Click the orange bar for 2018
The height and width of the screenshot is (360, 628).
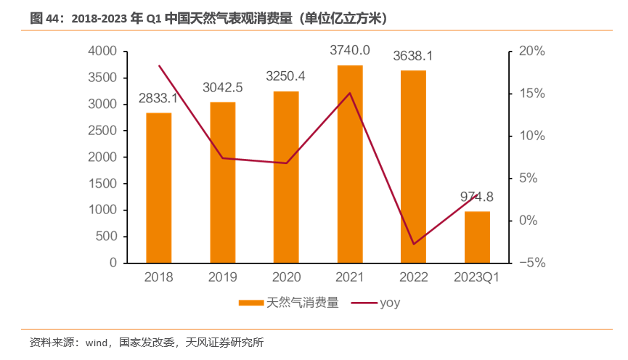[159, 188]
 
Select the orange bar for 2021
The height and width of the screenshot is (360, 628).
[350, 164]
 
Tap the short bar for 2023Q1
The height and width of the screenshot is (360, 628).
[477, 237]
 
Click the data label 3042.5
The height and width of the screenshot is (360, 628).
[222, 88]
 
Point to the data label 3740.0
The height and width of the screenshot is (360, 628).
[350, 50]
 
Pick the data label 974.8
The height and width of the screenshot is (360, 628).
[477, 197]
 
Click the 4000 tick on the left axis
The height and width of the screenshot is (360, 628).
[103, 52]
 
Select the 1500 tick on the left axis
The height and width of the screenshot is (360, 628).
[103, 184]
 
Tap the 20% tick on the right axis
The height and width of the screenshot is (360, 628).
[532, 52]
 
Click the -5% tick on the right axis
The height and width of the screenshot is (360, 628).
[532, 263]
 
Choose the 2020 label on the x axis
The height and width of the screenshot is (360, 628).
[286, 277]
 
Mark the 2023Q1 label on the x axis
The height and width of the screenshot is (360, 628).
[477, 277]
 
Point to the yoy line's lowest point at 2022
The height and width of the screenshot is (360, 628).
[414, 244]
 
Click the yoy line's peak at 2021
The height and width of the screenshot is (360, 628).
[350, 93]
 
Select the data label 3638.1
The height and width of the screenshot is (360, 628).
[413, 56]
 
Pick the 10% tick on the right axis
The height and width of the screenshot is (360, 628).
[532, 136]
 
